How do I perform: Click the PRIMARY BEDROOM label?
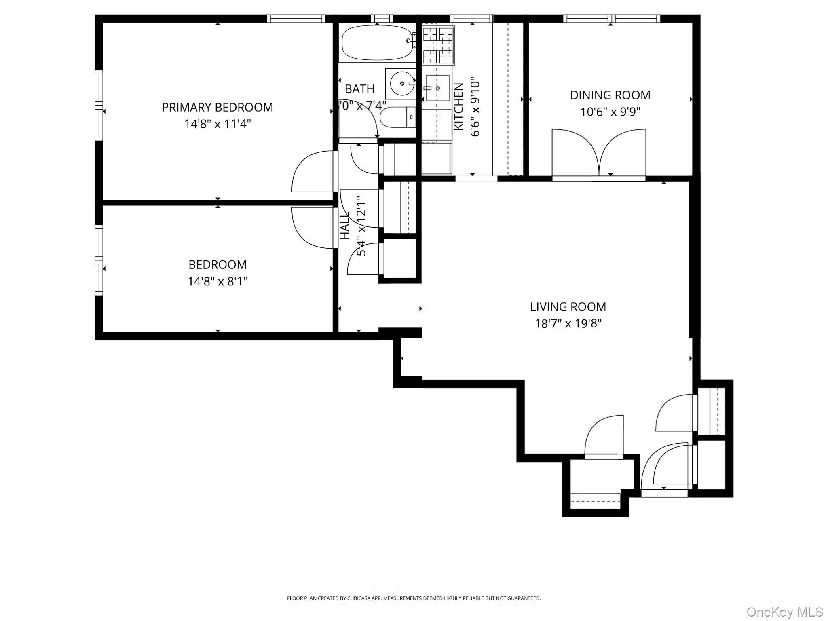218,107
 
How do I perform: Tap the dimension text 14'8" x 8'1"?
218,281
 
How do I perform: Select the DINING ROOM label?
610,95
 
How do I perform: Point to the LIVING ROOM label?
568,307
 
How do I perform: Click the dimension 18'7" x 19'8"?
568,323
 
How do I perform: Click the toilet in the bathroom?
398,117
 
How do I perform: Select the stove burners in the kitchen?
438,45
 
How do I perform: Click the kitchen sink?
437,88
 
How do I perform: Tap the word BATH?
359,89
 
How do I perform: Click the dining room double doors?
599,154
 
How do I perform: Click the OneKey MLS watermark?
784,612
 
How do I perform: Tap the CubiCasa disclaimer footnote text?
414,598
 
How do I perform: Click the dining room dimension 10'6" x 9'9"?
610,112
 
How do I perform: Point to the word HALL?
344,226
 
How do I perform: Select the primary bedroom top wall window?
296,18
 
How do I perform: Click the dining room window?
611,18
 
